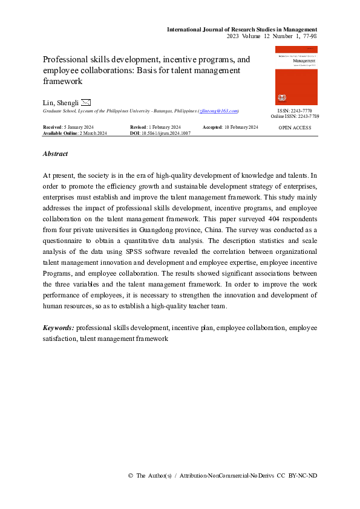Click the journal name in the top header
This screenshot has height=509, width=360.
(x=242, y=29)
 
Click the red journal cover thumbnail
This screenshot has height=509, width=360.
(x=296, y=76)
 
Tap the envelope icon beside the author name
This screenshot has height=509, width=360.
(x=86, y=102)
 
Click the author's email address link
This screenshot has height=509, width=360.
(x=218, y=111)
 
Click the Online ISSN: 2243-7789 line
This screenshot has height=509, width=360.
(x=295, y=116)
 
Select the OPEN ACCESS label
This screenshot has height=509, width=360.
(x=295, y=128)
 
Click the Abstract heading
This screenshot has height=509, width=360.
(x=55, y=154)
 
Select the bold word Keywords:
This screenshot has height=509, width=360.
(x=59, y=328)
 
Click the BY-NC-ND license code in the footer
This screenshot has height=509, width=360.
(x=303, y=476)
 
